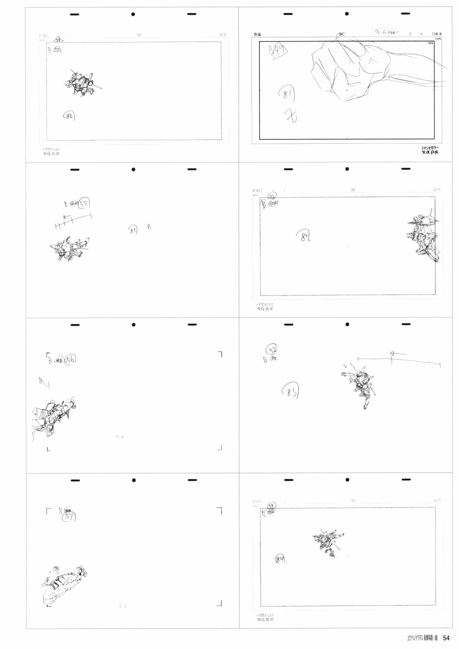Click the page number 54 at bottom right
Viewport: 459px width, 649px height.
446,638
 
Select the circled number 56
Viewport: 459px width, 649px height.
70,359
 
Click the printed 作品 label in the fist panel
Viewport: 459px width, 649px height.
257,34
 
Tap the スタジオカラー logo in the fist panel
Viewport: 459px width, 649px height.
430,150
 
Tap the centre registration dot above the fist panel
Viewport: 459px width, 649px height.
347,14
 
